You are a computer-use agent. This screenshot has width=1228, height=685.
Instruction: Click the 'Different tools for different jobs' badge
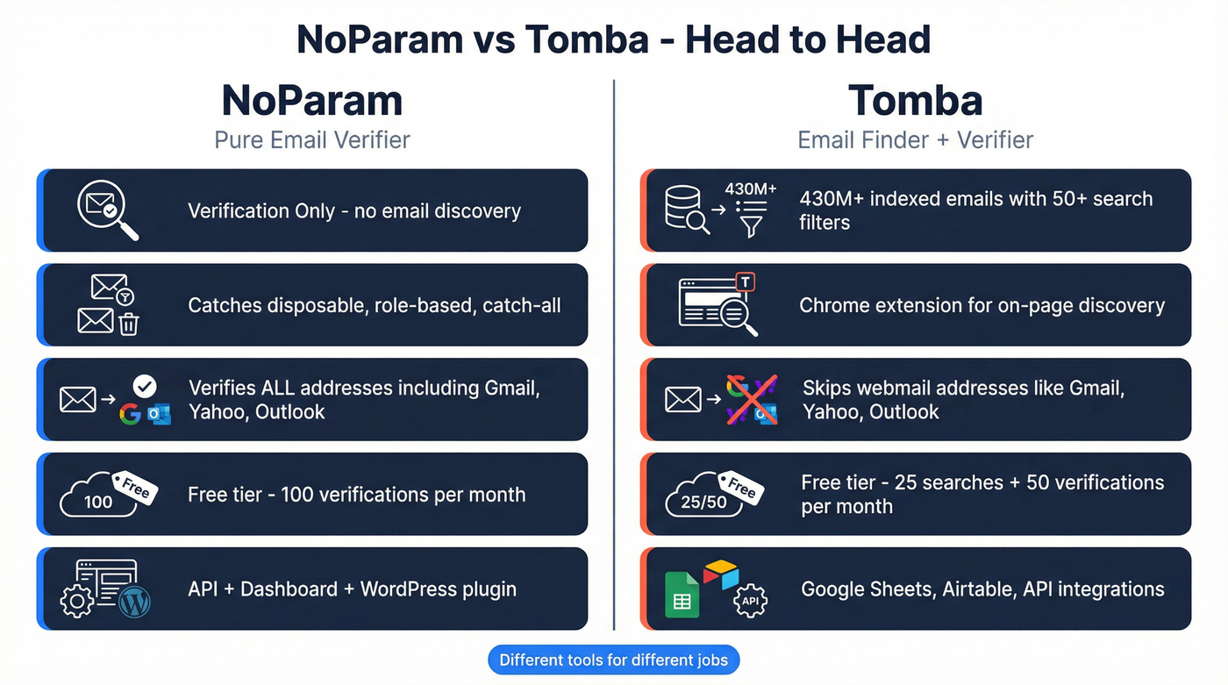pyautogui.click(x=613, y=660)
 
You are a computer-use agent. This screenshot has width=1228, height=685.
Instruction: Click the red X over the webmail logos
pyautogui.click(x=751, y=399)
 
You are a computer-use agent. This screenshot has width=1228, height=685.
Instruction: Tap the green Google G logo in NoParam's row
pyautogui.click(x=131, y=414)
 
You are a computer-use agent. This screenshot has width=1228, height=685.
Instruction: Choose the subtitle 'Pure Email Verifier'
pyautogui.click(x=312, y=139)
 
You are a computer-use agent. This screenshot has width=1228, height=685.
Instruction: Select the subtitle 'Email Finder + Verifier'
pyautogui.click(x=915, y=139)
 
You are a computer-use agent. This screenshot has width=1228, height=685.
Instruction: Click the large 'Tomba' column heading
pyautogui.click(x=915, y=101)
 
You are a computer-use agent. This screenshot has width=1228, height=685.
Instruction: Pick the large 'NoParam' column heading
pyautogui.click(x=312, y=101)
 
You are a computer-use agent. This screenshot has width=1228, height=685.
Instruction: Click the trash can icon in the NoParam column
pyautogui.click(x=129, y=324)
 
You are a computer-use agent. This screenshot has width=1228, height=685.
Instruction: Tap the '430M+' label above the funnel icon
pyautogui.click(x=750, y=189)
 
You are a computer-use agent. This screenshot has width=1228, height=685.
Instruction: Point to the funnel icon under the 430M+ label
pyautogui.click(x=752, y=226)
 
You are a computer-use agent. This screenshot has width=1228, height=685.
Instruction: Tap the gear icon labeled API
pyautogui.click(x=750, y=602)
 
